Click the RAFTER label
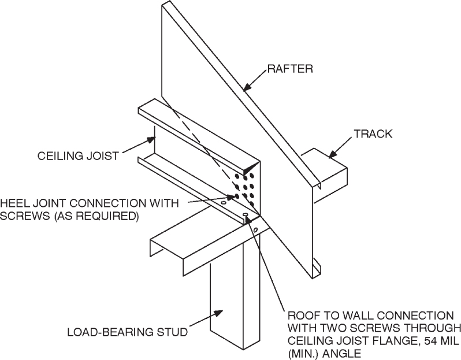coord(290,70)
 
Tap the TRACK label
coord(373,134)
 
